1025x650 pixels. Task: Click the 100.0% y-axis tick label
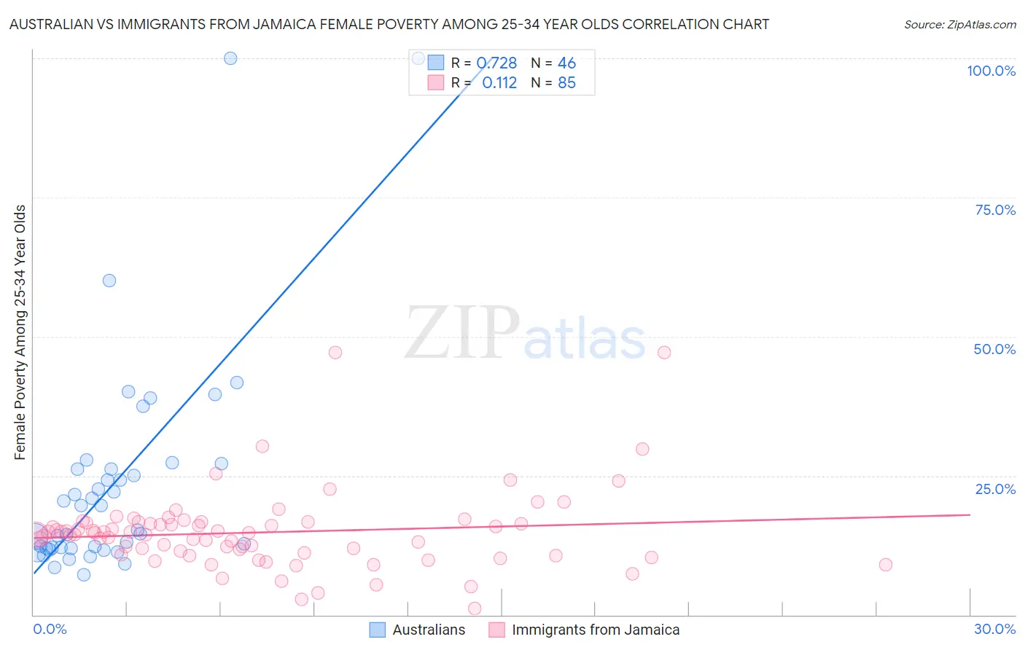pyautogui.click(x=991, y=71)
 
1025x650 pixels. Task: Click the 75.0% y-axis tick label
pyautogui.click(x=995, y=210)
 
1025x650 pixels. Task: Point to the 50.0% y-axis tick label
pyautogui.click(x=994, y=349)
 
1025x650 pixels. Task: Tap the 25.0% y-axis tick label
pyautogui.click(x=995, y=489)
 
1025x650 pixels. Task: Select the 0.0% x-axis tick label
pyautogui.click(x=50, y=629)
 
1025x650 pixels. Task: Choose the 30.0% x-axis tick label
pyautogui.click(x=994, y=629)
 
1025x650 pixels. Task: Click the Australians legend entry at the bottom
pyautogui.click(x=428, y=630)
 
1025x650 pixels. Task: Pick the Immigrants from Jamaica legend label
pyautogui.click(x=595, y=630)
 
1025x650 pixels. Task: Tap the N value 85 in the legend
pyautogui.click(x=566, y=83)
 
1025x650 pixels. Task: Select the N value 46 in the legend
pyautogui.click(x=566, y=63)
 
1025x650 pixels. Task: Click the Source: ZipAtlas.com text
pyautogui.click(x=959, y=25)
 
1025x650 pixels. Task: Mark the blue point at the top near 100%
pyautogui.click(x=230, y=58)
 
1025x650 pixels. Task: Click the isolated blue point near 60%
pyautogui.click(x=109, y=281)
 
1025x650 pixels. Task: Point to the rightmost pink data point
pyautogui.click(x=886, y=565)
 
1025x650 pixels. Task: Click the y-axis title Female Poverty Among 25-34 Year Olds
pyautogui.click(x=20, y=332)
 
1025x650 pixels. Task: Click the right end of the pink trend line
pyautogui.click(x=970, y=514)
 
